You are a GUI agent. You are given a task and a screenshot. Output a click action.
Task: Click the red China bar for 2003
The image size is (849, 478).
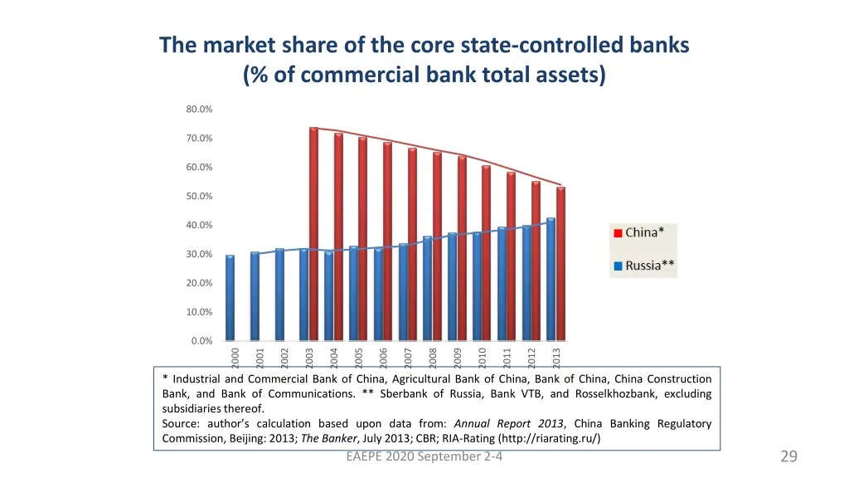[313, 232]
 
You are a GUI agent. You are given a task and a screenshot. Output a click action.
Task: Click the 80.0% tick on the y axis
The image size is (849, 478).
[199, 110]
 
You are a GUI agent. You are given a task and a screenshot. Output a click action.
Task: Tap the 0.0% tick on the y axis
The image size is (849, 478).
[201, 341]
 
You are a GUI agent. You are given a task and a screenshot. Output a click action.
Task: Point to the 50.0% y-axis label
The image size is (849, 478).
[199, 197]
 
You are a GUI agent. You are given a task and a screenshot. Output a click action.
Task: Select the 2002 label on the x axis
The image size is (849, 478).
[284, 357]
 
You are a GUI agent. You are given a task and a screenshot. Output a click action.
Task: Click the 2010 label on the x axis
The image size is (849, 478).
[483, 357]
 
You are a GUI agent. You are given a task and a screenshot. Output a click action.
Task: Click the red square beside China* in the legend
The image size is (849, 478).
[618, 233]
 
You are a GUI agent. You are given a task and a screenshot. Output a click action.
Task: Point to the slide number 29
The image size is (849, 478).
[788, 456]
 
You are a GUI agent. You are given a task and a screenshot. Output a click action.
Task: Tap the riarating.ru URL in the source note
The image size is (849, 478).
[539, 438]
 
